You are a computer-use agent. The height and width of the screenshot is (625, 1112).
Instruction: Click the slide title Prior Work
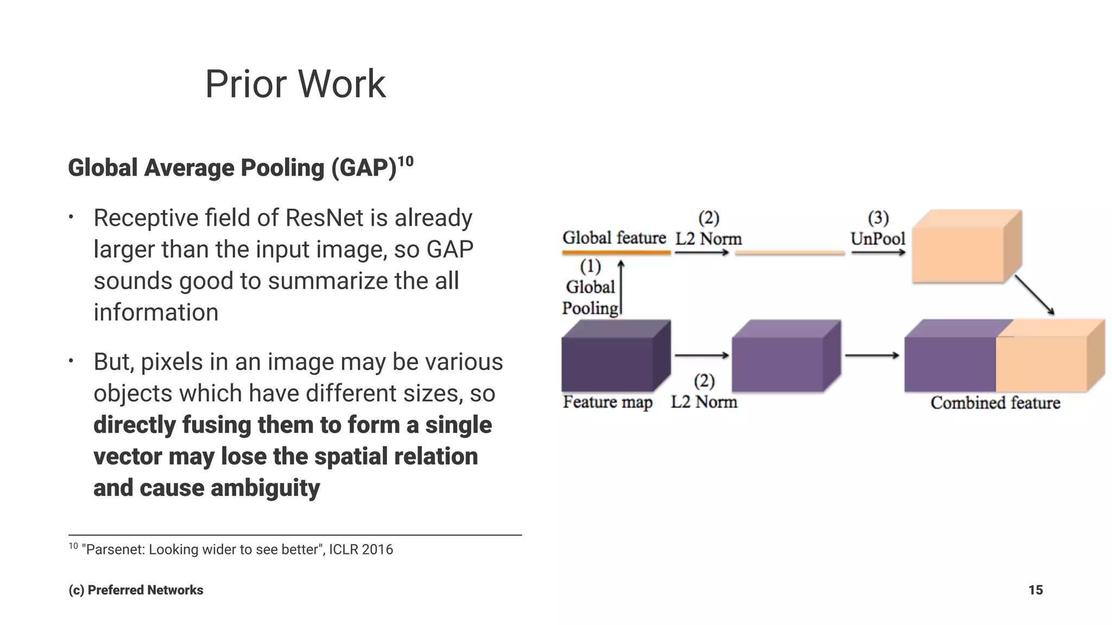[x=295, y=84]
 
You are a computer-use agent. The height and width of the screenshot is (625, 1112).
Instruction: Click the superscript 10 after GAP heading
[x=406, y=161]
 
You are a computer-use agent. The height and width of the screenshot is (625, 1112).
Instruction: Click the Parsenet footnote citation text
[x=237, y=550]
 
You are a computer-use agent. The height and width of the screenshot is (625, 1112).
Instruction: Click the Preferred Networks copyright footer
[x=136, y=590]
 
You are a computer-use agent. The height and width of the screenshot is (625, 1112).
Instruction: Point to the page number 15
[x=1035, y=590]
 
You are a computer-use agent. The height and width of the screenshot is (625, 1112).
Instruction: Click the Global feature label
[x=614, y=238]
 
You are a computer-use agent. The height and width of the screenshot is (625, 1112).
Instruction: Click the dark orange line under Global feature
[x=616, y=252]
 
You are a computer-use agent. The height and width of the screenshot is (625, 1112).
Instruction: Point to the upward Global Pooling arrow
[x=621, y=288]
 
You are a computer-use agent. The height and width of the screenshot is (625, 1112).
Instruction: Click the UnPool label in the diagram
[x=877, y=239]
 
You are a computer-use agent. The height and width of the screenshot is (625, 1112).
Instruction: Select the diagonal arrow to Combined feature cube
[x=1034, y=295]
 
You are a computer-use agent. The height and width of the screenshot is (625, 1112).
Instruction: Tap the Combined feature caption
[x=995, y=403]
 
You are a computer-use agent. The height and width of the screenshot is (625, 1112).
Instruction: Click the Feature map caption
[x=607, y=402]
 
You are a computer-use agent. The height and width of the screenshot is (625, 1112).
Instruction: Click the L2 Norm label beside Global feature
[x=708, y=239]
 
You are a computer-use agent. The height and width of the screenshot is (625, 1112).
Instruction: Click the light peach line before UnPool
[x=790, y=253]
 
